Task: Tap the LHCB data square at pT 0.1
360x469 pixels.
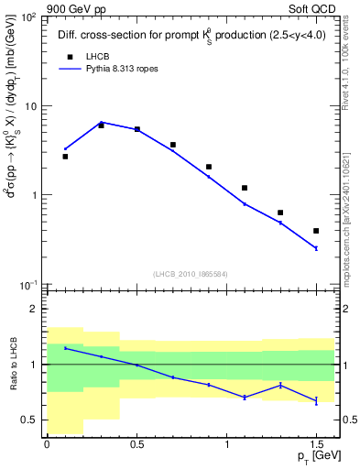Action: point(65,157)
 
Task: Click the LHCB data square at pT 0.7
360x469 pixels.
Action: point(173,145)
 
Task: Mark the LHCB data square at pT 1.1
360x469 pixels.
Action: point(245,188)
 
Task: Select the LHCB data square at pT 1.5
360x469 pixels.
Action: point(316,231)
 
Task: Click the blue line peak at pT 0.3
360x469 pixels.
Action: point(101,122)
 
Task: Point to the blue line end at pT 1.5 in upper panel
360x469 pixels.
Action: point(316,248)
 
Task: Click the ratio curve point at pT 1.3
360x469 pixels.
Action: point(280,386)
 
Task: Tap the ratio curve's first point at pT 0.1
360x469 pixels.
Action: point(65,348)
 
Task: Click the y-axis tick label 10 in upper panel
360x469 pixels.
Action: point(27,106)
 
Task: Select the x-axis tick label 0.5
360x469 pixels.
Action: point(136,445)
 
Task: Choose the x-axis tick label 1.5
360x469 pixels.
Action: point(316,445)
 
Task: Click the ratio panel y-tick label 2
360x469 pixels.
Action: point(34,310)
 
